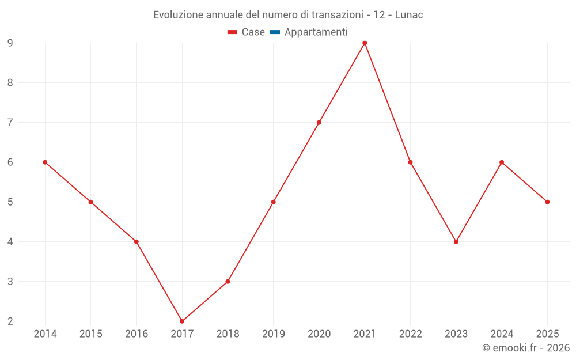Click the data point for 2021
pos(365,43)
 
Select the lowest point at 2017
pos(182,321)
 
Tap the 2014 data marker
pos(45,162)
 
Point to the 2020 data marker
pos(319,122)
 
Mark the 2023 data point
pos(456,242)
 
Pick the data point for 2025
pos(547,202)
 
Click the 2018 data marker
pos(228,282)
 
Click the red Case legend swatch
pos(233,32)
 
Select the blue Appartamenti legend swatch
pos(275,32)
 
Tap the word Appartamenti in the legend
pos(316,32)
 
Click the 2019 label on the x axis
pos(273,334)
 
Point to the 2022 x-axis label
pos(410,334)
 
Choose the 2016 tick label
pos(137,334)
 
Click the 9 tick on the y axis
pos(10,43)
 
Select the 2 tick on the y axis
pos(10,321)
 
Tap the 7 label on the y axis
pos(10,122)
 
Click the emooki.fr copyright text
pos(526,348)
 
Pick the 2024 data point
pos(502,162)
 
